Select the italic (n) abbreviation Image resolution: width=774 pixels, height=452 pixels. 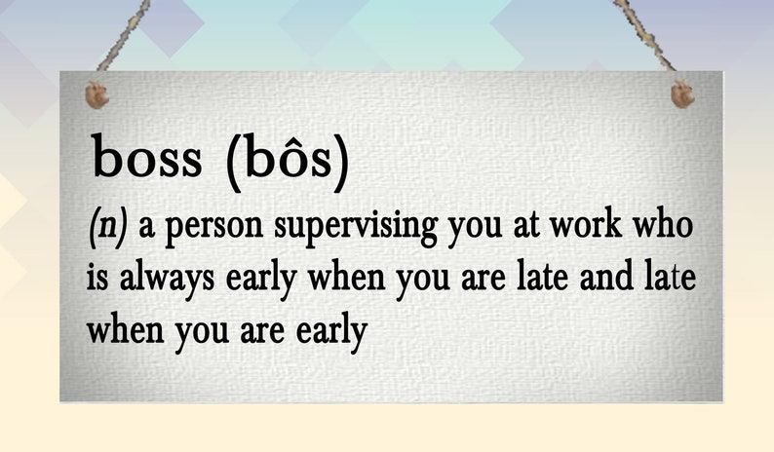[106, 228]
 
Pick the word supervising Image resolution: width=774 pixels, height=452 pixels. [361, 230]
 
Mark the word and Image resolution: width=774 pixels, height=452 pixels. [607, 278]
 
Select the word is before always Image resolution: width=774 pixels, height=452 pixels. [97, 278]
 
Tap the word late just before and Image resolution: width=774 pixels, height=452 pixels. [541, 278]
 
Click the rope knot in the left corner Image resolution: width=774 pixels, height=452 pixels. [98, 95]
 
